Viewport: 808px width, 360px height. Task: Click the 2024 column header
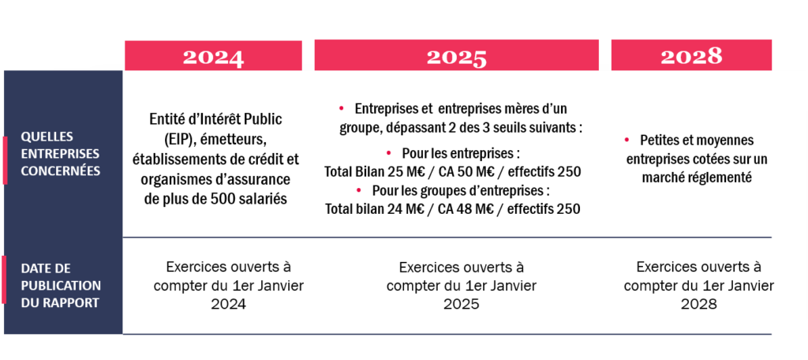(x=213, y=56)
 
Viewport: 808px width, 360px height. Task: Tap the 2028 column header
(x=691, y=56)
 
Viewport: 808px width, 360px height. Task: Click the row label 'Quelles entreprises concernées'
(x=62, y=153)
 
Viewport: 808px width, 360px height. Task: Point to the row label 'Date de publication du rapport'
(x=62, y=285)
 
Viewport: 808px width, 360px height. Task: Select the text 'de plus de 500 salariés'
(x=215, y=199)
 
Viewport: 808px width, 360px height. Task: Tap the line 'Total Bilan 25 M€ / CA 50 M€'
(x=423, y=171)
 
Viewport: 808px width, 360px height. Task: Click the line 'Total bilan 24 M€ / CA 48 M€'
(x=423, y=209)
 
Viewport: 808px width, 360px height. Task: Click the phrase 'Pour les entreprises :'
(x=459, y=152)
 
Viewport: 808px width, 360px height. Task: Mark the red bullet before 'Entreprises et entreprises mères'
(x=342, y=107)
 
